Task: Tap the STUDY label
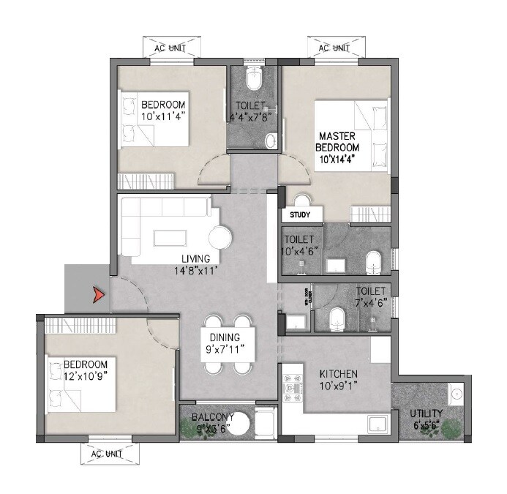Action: coord(300,215)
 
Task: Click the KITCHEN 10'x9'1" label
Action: coord(338,380)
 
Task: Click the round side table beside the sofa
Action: coord(220,237)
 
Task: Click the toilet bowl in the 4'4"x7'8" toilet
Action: coord(254,77)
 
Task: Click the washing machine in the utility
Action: coord(456,394)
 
